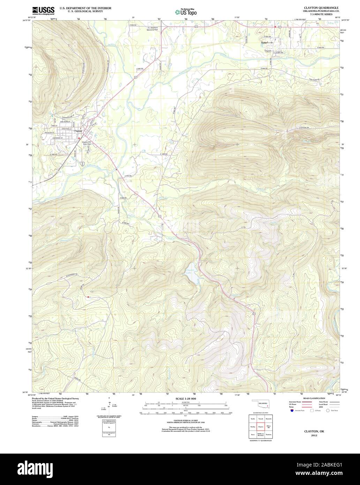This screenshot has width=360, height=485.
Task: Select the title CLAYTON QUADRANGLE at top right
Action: [x=317, y=7]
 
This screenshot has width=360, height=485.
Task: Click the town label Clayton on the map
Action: [x=78, y=131]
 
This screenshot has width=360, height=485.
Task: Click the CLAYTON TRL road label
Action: [x=304, y=128]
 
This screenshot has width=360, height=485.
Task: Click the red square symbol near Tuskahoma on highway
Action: [x=275, y=27]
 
